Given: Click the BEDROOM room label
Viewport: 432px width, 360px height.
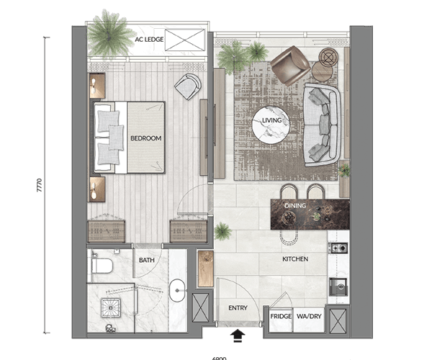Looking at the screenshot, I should (x=145, y=138).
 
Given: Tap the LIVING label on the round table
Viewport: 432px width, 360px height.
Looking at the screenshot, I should (x=271, y=121).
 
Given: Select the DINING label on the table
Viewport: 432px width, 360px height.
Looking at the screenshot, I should (x=295, y=206).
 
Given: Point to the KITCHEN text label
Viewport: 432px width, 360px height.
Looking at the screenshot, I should (x=295, y=258).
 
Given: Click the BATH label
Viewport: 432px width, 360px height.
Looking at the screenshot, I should (x=147, y=261).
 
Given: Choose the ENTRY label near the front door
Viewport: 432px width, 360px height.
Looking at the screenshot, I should (x=238, y=308).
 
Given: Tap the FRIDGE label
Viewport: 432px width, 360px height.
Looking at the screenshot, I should (x=280, y=316).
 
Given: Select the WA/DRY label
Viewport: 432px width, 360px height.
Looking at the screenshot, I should (x=308, y=316).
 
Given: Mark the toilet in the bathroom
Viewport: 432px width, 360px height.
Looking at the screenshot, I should (x=100, y=267).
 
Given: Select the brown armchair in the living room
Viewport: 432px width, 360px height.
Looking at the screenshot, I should (x=289, y=64).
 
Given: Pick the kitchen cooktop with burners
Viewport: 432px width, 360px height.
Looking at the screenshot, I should (x=338, y=248).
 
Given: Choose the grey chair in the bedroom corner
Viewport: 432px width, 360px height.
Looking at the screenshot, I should (x=188, y=86).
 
